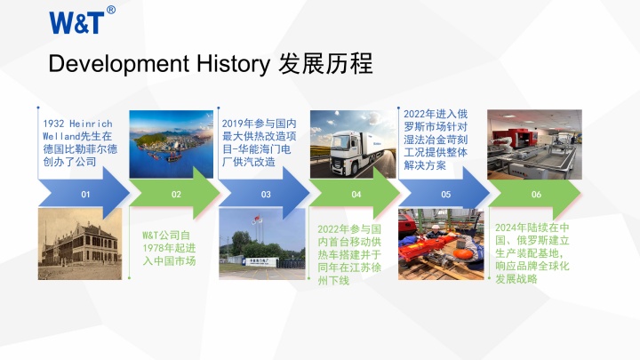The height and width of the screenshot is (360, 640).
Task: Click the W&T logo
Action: click(x=76, y=21)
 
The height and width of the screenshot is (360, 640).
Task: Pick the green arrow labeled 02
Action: click(x=175, y=193)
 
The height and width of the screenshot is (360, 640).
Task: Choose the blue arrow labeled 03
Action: click(x=265, y=193)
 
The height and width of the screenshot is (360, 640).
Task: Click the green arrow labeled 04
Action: click(x=356, y=193)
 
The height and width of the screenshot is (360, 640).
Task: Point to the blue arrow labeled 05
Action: click(x=444, y=193)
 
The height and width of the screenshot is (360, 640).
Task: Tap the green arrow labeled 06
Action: click(x=535, y=193)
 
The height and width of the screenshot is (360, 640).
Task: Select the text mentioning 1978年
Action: click(x=169, y=248)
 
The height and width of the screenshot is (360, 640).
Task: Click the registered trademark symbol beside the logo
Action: click(x=111, y=10)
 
